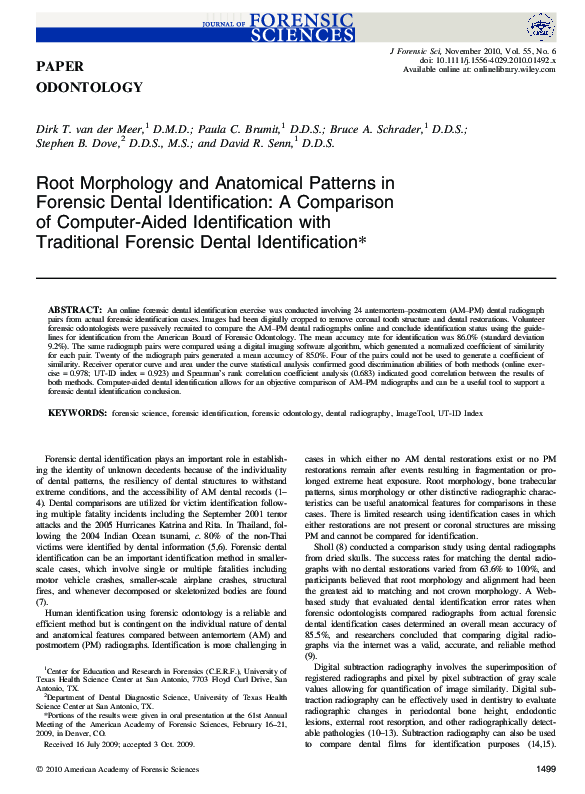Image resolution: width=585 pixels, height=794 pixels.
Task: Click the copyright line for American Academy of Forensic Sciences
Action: pos(122,769)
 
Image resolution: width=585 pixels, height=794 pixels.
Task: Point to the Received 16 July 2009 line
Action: pos(115,744)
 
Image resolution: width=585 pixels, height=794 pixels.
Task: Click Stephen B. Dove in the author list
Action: pos(78,144)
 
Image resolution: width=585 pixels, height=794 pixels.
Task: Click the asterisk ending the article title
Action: pos(363,241)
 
